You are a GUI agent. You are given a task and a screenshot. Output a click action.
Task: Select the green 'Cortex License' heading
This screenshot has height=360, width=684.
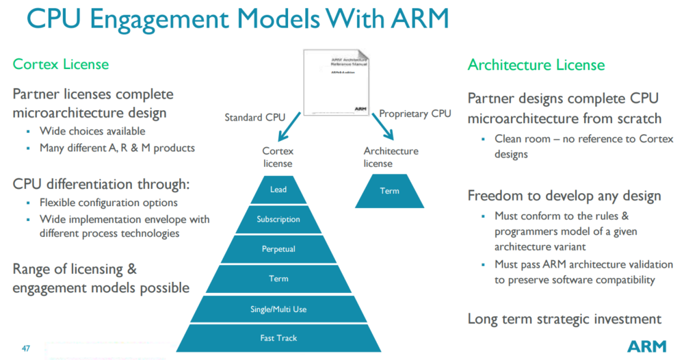61,64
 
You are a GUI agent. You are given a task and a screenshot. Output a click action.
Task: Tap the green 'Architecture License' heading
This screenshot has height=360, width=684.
536,65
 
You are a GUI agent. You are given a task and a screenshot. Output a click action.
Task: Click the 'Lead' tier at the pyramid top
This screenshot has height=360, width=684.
278,190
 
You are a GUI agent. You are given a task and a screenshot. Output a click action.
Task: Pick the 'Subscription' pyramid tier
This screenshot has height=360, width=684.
278,220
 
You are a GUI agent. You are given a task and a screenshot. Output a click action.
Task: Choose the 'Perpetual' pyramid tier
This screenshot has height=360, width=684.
278,249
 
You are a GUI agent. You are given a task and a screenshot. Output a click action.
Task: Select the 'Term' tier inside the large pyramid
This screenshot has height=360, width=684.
278,279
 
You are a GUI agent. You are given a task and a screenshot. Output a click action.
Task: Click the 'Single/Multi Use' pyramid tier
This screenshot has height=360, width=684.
278,309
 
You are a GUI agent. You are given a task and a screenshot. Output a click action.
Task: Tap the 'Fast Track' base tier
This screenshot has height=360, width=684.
278,338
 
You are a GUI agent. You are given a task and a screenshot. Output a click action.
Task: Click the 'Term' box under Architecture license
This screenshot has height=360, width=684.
389,191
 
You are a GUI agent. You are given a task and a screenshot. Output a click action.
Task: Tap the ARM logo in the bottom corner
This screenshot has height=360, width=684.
646,346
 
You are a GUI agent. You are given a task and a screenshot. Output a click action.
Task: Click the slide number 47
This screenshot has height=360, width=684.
26,348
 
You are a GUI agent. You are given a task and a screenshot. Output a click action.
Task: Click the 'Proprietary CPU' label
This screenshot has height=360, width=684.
415,113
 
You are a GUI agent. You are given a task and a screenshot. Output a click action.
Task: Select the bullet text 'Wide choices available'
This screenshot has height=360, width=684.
92,131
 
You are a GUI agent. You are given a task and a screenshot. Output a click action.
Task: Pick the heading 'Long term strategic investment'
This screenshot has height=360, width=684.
564,319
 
